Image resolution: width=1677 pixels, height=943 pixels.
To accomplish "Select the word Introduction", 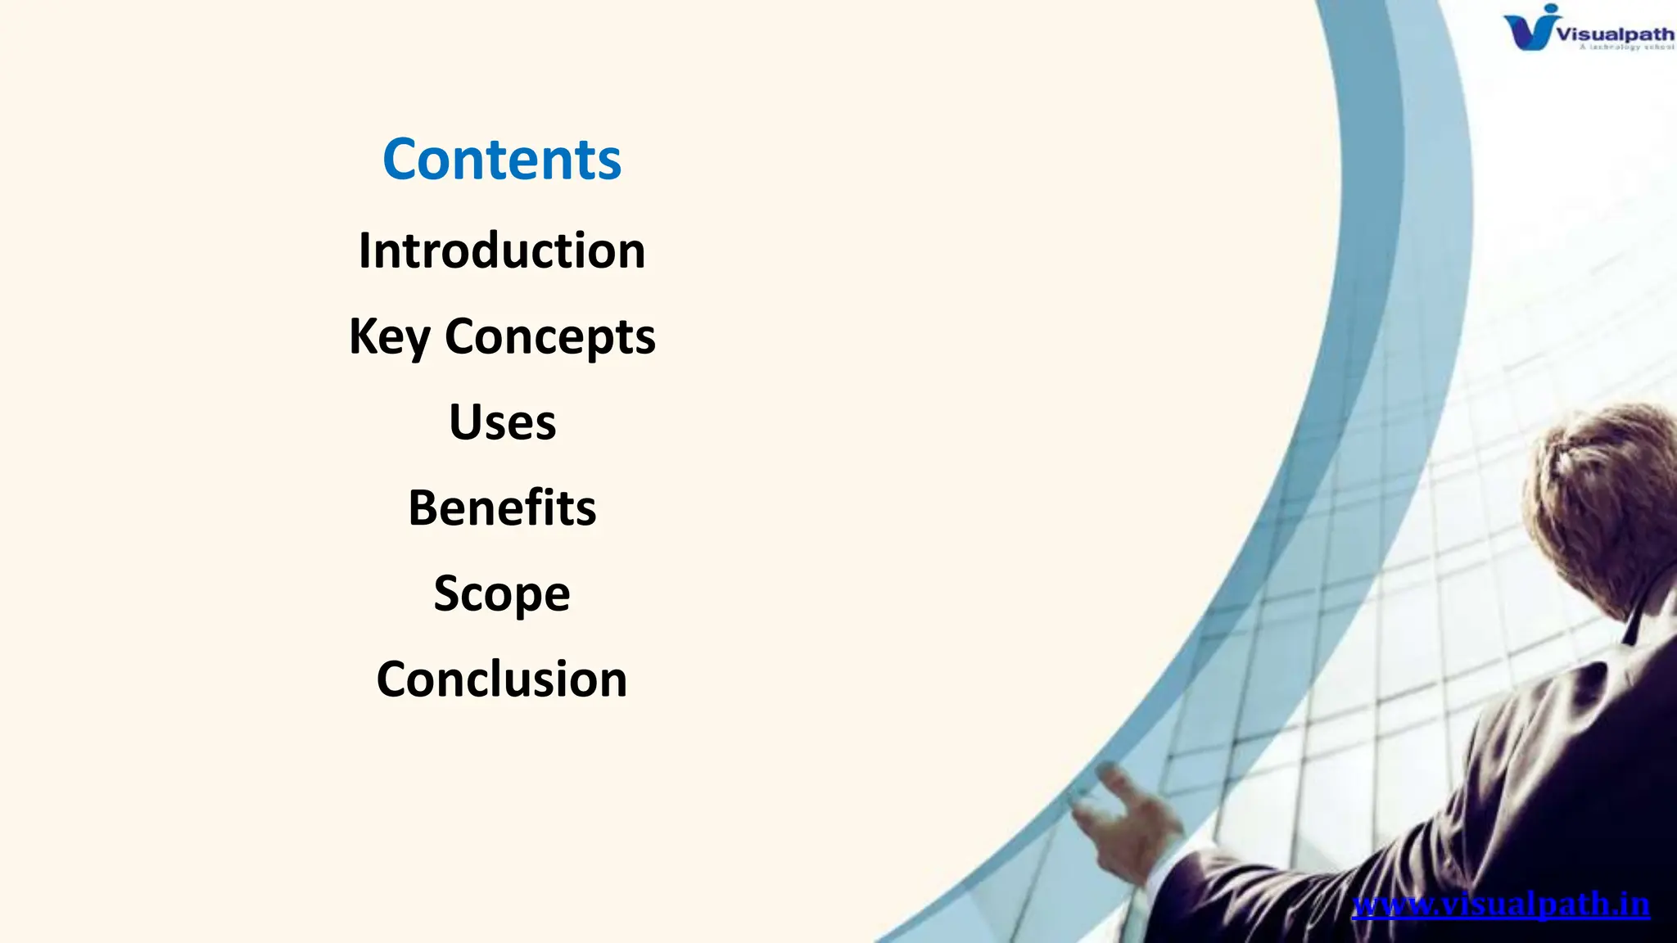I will tap(502, 250).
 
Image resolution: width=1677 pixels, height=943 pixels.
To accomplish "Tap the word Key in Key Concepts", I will tap(389, 336).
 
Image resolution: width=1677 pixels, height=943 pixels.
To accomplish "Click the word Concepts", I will tap(549, 336).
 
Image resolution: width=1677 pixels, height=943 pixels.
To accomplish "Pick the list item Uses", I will tap(502, 422).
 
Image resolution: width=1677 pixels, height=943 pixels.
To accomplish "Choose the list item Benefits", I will tap(502, 508).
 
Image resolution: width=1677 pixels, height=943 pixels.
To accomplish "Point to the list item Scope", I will tap(502, 593).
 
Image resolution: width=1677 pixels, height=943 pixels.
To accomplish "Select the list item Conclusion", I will tap(502, 679).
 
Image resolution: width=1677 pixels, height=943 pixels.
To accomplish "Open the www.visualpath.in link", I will tap(1500, 905).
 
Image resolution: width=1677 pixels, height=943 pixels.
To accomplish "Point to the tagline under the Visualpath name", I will tap(1625, 47).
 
